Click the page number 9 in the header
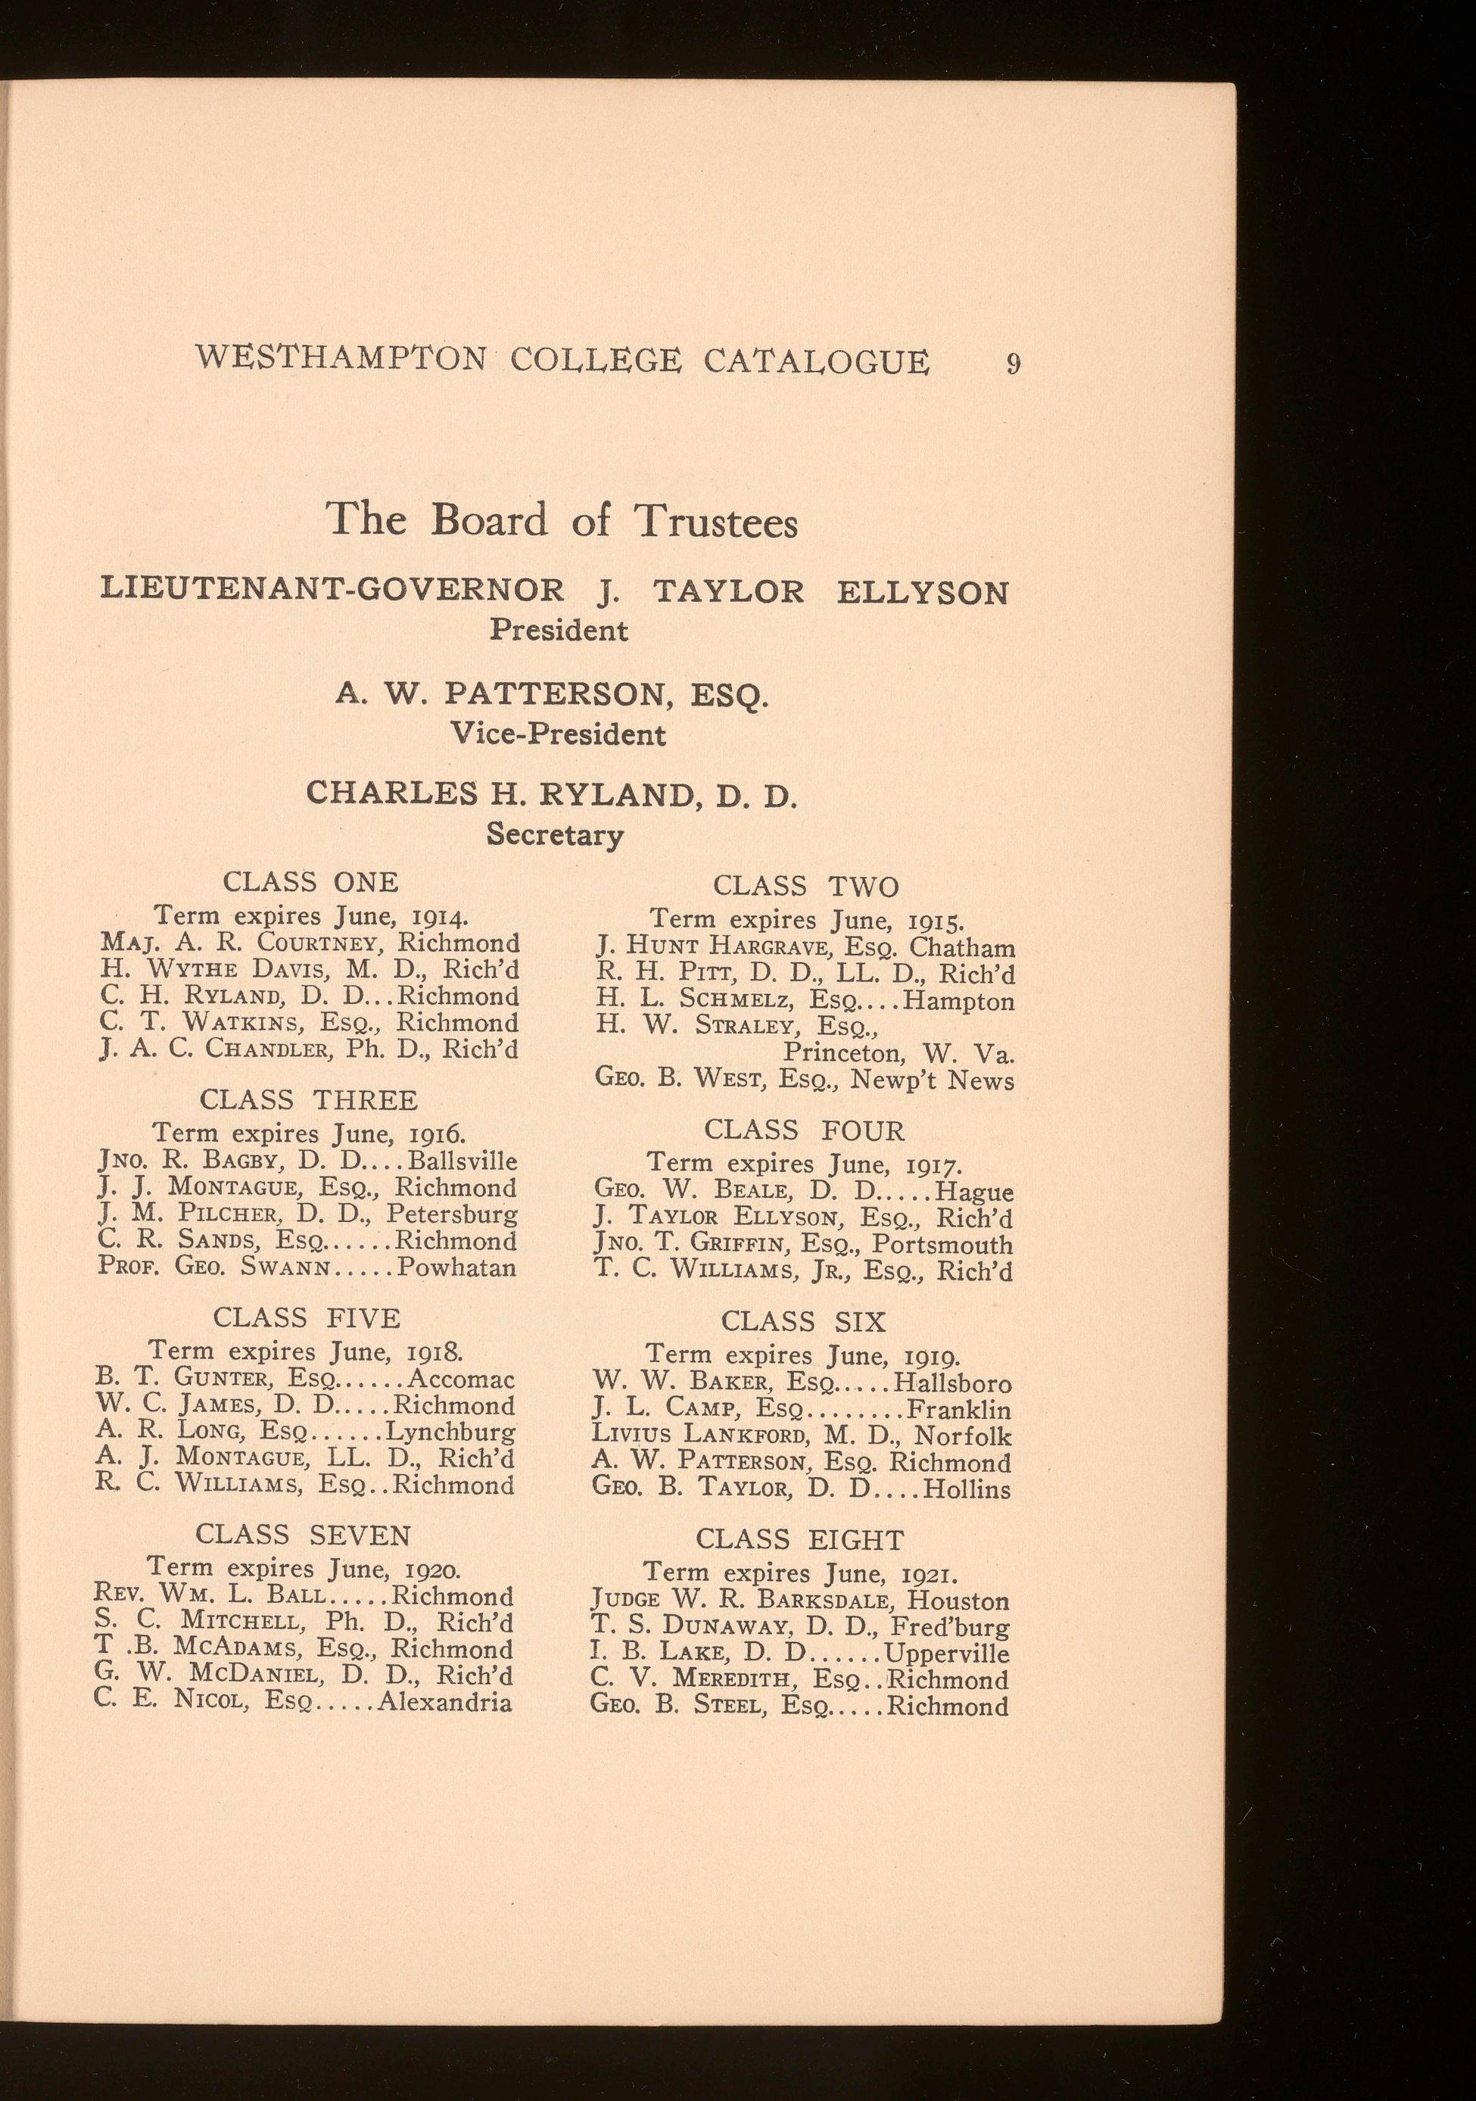tap(1013, 363)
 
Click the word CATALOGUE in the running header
tap(816, 360)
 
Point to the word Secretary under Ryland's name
tap(555, 834)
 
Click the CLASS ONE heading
tap(311, 882)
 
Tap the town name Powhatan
tap(457, 1267)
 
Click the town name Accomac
tap(461, 1379)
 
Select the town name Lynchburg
tap(450, 1432)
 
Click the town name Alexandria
tap(446, 1702)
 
